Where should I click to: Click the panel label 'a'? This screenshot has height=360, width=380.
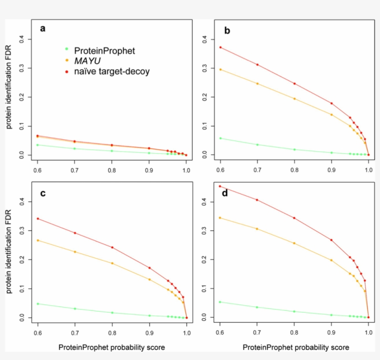43,29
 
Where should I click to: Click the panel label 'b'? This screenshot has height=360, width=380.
227,31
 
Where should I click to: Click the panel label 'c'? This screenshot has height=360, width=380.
43,193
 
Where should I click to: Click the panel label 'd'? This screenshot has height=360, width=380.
225,193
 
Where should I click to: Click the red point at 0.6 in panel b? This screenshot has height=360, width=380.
221,47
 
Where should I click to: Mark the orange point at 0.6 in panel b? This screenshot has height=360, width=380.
221,70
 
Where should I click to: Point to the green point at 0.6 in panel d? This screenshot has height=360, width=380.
221,302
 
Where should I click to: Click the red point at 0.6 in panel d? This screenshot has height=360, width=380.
221,186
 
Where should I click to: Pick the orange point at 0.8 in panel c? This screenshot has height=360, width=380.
112,263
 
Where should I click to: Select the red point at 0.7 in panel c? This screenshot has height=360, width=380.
75,233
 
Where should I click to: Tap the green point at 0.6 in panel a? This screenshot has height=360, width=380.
38,145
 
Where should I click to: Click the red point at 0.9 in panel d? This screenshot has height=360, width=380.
331,240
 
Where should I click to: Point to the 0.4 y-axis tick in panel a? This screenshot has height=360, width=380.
21,39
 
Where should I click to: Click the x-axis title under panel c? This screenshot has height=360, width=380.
112,347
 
